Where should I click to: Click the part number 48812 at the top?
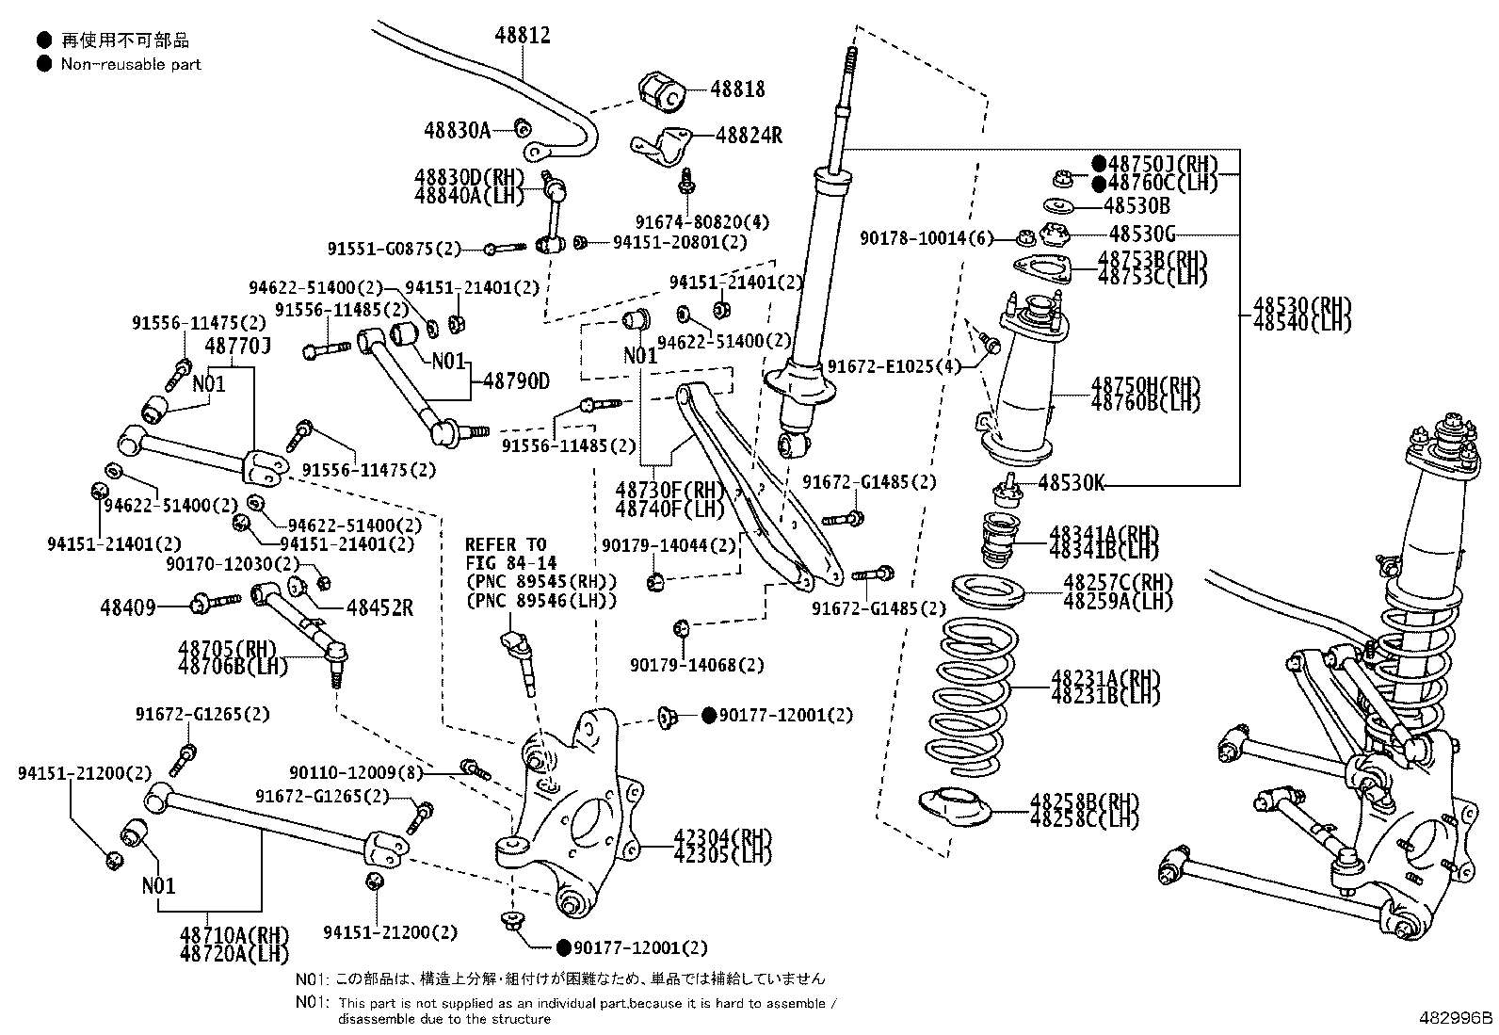point(522,35)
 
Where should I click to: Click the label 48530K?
point(1071,482)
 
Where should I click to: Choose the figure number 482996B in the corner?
point(1456,1018)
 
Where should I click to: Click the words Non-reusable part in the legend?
point(131,64)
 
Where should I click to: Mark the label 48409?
point(128,607)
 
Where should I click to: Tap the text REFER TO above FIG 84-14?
point(506,544)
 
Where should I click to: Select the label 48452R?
point(379,607)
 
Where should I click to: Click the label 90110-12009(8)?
point(356,772)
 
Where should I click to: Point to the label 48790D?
point(516,380)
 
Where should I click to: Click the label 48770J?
point(237,346)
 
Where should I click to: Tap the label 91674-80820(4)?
point(702,221)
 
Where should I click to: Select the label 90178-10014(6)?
point(927,237)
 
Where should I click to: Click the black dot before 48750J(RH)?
point(1099,163)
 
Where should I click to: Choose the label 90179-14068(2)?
point(697,665)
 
